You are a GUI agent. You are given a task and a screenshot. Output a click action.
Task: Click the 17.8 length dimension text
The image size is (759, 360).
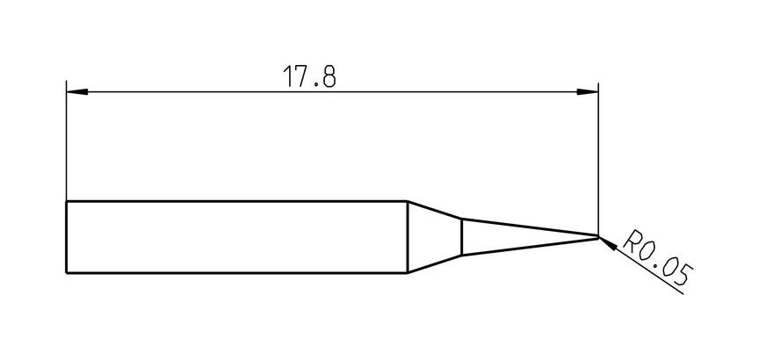[309, 76]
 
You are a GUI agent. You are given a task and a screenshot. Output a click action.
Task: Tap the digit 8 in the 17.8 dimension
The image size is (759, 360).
[329, 76]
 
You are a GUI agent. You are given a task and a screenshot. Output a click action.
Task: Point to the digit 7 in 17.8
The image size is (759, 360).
[300, 76]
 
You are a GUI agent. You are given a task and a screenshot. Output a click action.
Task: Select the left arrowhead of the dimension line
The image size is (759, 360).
[77, 91]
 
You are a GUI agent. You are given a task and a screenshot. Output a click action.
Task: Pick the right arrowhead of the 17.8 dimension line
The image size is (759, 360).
[587, 91]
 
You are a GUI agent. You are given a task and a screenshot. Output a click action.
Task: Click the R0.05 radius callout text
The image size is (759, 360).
[658, 258]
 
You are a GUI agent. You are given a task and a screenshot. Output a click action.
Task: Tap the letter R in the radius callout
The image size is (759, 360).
[632, 241]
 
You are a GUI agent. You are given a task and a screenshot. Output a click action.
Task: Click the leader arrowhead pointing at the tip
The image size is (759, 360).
[608, 243]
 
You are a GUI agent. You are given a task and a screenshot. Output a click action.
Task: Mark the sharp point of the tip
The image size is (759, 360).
[599, 236]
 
